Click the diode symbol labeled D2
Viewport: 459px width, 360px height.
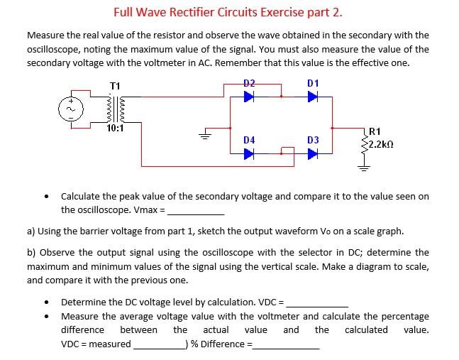click(248, 97)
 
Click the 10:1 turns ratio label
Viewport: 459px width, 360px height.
click(115, 129)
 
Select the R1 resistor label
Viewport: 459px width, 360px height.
click(376, 131)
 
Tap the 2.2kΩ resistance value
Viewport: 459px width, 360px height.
click(380, 143)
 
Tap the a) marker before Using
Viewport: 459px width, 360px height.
click(32, 231)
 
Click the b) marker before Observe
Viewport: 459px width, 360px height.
click(32, 253)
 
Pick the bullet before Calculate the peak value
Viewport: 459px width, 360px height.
click(46, 197)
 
